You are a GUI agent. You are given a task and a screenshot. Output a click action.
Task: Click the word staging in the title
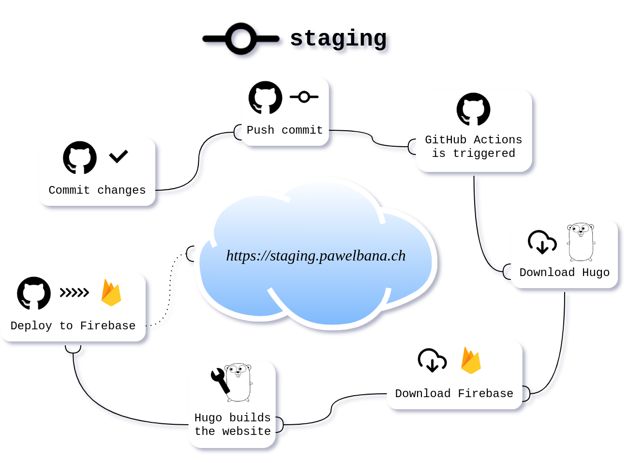click(340, 39)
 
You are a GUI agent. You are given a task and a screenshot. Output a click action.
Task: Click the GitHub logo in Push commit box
click(266, 98)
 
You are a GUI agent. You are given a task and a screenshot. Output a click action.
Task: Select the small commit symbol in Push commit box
click(304, 97)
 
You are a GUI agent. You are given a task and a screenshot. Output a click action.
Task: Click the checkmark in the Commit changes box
click(119, 156)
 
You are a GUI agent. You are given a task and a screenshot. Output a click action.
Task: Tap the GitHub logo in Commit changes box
click(80, 157)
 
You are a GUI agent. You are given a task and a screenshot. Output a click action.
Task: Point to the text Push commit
click(285, 130)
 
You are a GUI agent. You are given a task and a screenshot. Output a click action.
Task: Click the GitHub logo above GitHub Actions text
click(473, 109)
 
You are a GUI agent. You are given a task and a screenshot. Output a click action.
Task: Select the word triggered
click(484, 154)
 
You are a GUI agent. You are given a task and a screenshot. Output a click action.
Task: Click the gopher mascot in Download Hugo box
click(581, 242)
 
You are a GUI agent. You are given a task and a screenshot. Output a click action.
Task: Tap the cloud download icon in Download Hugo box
click(542, 242)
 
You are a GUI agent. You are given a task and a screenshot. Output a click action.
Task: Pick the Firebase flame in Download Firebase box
click(471, 360)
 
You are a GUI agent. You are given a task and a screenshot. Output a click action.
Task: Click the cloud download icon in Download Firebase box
click(432, 360)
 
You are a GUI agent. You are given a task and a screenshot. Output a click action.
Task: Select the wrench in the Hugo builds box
click(220, 380)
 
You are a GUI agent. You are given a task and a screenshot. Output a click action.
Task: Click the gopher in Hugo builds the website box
click(239, 382)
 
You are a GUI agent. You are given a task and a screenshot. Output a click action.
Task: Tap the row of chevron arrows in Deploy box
click(75, 293)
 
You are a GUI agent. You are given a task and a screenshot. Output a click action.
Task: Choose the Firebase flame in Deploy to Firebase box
click(111, 293)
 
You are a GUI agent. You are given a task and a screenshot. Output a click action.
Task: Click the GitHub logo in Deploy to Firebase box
click(34, 293)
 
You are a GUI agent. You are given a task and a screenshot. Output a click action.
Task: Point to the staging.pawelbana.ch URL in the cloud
click(316, 256)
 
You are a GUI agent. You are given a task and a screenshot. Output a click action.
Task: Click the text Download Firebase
click(454, 394)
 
